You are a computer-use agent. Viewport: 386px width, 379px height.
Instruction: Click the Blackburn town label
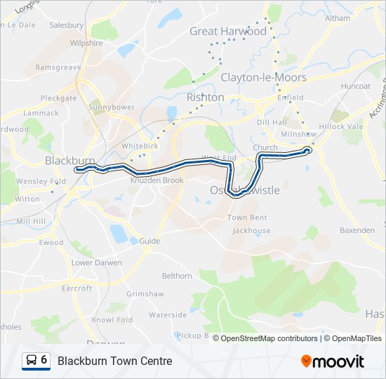click(69, 161)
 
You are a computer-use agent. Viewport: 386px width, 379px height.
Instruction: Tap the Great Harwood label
click(228, 32)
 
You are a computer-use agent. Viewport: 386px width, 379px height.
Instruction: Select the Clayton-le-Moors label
click(253, 77)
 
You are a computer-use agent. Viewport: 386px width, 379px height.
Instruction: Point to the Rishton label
click(206, 98)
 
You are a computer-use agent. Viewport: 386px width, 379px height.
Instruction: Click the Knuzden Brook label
click(157, 180)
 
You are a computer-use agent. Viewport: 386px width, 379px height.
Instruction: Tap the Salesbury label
click(67, 25)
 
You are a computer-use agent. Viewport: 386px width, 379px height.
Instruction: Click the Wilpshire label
click(86, 43)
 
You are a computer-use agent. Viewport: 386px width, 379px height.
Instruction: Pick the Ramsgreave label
click(58, 67)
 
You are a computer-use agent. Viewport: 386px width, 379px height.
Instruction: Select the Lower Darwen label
click(96, 262)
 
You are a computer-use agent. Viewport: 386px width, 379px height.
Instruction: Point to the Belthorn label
click(177, 276)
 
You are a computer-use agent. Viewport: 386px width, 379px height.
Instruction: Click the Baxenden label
click(357, 230)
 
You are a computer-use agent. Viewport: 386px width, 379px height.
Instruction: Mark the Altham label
click(338, 18)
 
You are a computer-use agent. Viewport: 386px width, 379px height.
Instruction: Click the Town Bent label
click(247, 218)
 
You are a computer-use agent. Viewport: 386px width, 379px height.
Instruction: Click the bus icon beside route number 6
click(32, 361)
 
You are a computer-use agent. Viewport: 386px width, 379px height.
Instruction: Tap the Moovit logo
click(333, 361)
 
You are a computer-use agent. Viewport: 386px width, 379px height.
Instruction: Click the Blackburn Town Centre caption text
click(114, 361)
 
